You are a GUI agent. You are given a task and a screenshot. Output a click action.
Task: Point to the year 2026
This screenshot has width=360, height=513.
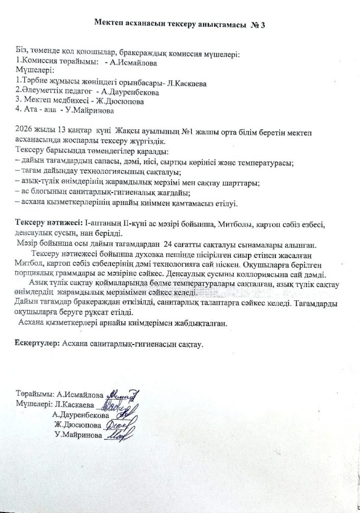coord(24,127)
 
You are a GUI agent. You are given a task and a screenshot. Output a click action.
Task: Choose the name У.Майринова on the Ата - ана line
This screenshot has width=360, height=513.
coord(89,110)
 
